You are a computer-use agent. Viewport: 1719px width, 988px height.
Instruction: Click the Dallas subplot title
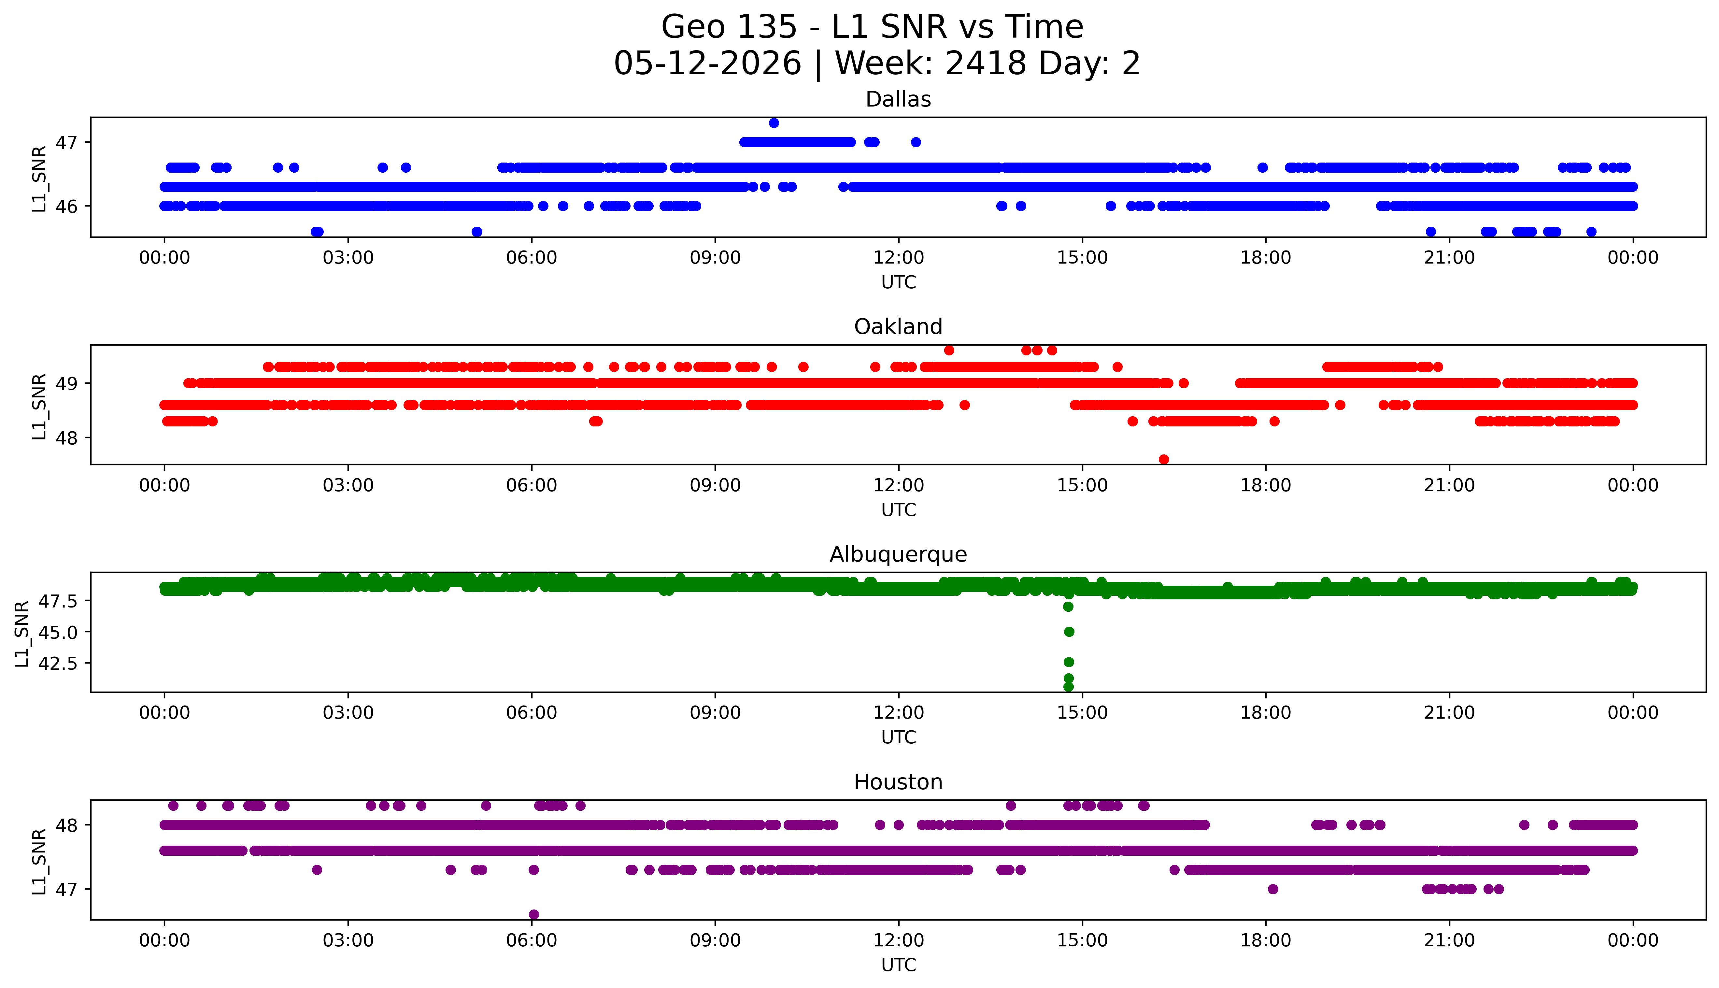point(898,100)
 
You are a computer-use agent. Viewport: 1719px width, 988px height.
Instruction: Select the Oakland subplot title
point(898,327)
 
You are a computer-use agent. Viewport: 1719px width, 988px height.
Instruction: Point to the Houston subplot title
point(898,782)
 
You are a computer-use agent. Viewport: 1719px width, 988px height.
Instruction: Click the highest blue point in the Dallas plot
point(774,123)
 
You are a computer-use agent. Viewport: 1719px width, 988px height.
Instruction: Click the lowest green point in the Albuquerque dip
point(1069,687)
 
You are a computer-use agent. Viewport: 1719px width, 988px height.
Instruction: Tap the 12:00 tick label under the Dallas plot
point(899,258)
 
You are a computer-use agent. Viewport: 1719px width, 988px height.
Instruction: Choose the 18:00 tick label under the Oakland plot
point(1266,485)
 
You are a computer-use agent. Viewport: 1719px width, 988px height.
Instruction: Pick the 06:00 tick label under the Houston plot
point(532,940)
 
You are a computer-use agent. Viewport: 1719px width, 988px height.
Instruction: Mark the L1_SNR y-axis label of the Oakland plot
point(39,406)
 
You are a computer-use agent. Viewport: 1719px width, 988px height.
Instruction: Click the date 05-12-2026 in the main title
point(707,64)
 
